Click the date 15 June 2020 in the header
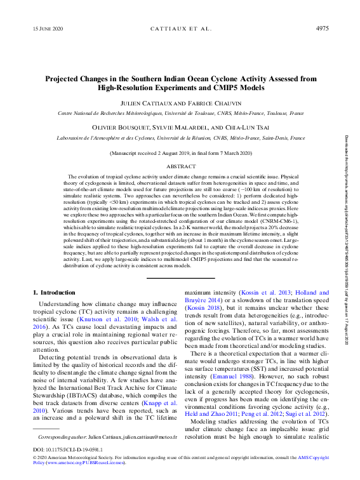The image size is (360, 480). pos(48,29)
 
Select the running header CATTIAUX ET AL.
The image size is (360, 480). pos(180,29)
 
